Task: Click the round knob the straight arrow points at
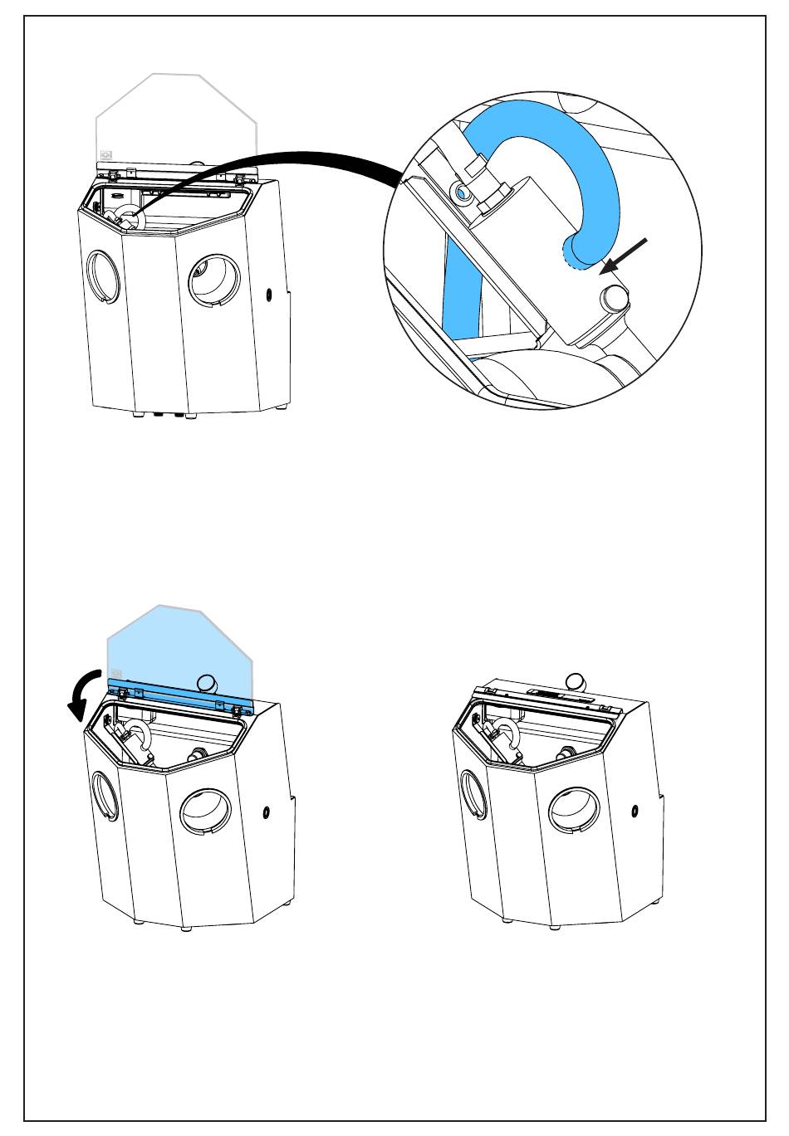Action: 615,297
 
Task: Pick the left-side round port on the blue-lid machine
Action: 104,796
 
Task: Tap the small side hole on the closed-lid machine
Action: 634,810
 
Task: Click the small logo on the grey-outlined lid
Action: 105,154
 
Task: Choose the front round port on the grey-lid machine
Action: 214,280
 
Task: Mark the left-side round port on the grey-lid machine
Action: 104,275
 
